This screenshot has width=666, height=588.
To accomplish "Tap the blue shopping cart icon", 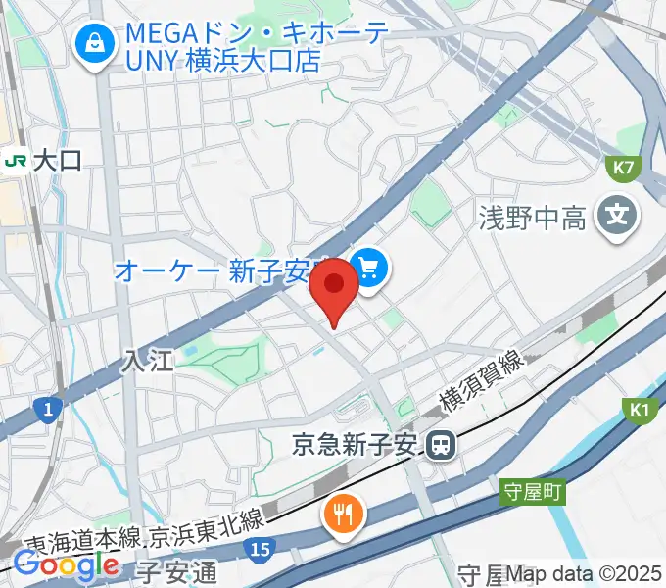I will (370, 267).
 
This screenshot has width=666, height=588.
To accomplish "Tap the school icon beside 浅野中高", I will (616, 214).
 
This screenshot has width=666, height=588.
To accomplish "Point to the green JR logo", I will (16, 160).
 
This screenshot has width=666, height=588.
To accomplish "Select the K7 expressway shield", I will (623, 168).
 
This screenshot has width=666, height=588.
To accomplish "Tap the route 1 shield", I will (46, 407).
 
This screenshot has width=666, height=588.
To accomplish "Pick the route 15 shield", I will (259, 552).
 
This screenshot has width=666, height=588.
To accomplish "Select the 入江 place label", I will (147, 361).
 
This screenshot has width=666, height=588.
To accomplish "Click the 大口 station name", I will (57, 160).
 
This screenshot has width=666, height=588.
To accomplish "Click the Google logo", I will (65, 564).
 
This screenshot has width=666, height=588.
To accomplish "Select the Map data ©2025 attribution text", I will (585, 573).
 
